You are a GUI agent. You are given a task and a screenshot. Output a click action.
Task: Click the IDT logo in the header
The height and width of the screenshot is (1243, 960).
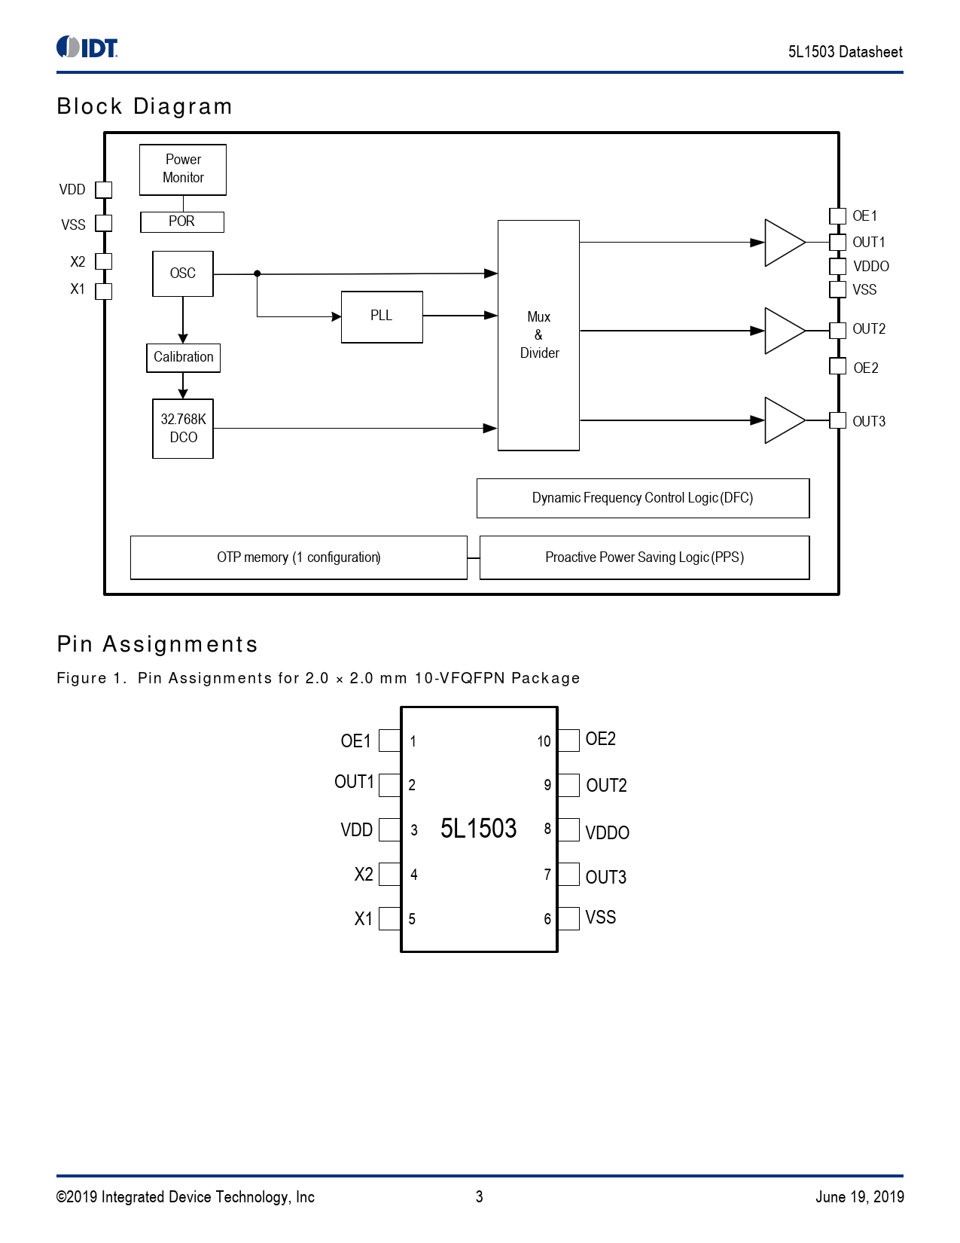(x=87, y=47)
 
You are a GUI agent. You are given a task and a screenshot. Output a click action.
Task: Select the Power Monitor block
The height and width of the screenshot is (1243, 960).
(x=183, y=169)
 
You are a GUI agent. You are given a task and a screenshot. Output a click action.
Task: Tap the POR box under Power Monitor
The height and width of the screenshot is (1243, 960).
(x=182, y=221)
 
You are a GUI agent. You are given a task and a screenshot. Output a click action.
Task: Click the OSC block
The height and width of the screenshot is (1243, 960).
(x=183, y=273)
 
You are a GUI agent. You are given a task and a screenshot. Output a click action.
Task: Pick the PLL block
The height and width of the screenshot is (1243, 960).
(x=382, y=316)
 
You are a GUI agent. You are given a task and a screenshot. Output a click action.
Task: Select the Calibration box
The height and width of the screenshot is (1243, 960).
(x=183, y=357)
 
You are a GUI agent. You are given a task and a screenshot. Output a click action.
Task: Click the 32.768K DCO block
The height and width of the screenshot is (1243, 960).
(x=183, y=428)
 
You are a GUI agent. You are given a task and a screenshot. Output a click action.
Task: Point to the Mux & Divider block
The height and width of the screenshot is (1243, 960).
(x=538, y=335)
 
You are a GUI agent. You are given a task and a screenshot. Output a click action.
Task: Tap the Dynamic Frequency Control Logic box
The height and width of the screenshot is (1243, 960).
(x=642, y=498)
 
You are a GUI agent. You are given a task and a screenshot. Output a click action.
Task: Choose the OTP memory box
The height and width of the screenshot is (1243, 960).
(x=298, y=557)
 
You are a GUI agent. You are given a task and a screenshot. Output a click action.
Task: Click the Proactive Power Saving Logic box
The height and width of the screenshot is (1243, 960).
(x=644, y=557)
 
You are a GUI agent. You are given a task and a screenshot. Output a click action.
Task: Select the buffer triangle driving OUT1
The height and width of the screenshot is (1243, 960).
(x=783, y=243)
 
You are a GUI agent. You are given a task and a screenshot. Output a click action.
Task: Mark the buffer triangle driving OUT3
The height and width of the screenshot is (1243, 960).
(x=783, y=420)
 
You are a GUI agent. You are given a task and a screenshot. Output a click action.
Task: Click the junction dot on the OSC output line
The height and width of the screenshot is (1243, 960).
(x=258, y=273)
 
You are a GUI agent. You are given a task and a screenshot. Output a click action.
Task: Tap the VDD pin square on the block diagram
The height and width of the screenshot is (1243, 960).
(x=104, y=190)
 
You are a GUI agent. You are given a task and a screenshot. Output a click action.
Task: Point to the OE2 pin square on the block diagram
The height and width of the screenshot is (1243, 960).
(x=837, y=366)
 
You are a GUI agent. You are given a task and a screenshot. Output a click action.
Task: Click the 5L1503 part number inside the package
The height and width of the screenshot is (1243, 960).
(x=478, y=829)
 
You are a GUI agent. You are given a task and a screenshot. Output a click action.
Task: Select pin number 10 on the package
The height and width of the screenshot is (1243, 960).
(x=544, y=741)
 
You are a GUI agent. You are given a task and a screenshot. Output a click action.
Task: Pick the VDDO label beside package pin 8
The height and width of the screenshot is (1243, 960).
(x=607, y=832)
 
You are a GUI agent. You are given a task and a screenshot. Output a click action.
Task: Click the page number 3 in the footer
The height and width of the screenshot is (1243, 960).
(x=479, y=1196)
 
